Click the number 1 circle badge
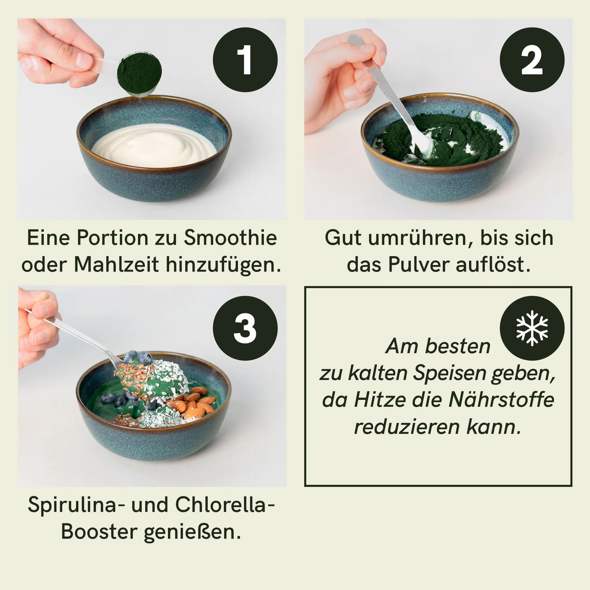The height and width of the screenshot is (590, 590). [x=245, y=60]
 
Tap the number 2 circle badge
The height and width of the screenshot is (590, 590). [x=532, y=60]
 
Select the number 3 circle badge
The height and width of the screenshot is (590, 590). [x=245, y=328]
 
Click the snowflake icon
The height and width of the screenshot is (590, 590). [x=532, y=328]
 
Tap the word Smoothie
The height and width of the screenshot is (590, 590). [x=230, y=238]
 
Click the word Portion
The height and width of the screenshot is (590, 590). [x=112, y=238]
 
